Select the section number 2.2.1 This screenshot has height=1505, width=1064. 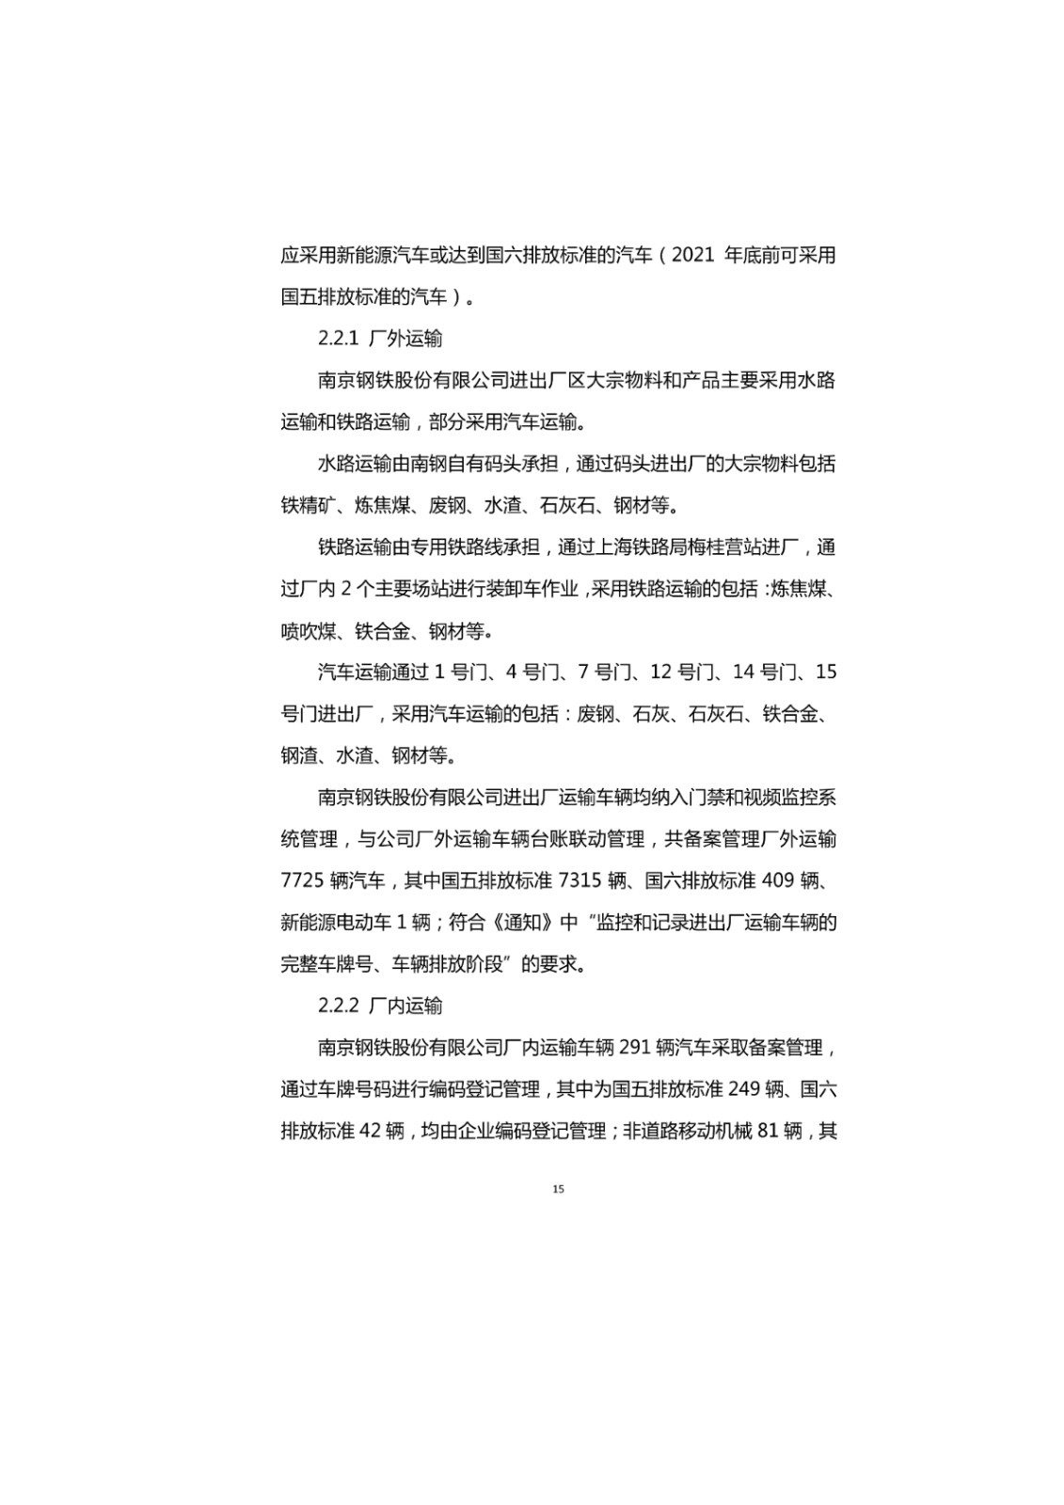(x=339, y=339)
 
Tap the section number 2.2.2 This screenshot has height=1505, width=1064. (x=339, y=1006)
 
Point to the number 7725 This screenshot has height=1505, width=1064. (x=302, y=880)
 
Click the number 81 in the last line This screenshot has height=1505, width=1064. (x=767, y=1131)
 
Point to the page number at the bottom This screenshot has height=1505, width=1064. (x=559, y=1190)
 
